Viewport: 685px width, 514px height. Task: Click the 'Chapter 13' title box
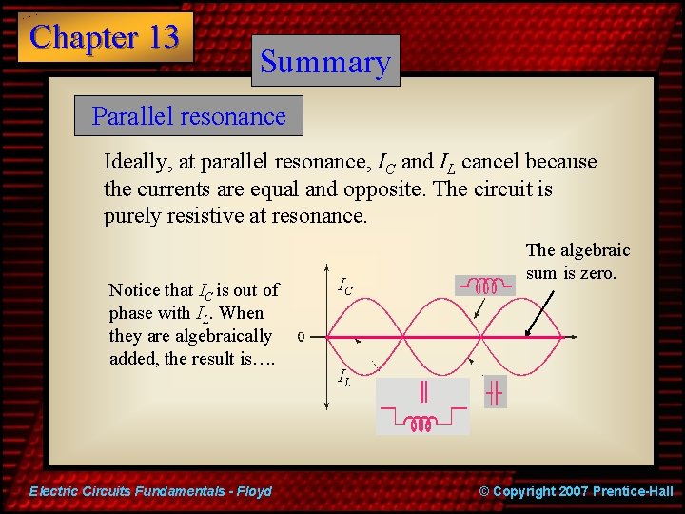[x=105, y=37]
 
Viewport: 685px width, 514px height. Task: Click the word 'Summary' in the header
[x=325, y=62]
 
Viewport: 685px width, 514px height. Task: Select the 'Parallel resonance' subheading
[x=188, y=117]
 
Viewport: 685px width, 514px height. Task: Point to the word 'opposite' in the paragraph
[x=390, y=188]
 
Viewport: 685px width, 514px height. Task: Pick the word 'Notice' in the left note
[x=135, y=290]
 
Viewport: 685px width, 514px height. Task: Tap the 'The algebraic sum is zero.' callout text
[x=577, y=262]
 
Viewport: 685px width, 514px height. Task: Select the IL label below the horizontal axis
[x=344, y=378]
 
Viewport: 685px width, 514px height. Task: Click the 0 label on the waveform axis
[x=301, y=336]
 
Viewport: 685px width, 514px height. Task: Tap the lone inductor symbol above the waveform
[x=487, y=286]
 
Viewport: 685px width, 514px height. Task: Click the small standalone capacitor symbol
[x=495, y=392]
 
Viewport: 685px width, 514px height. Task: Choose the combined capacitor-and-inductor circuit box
[x=422, y=406]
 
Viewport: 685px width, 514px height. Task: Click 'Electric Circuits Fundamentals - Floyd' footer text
[x=150, y=491]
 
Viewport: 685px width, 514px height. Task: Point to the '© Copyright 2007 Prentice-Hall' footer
[x=576, y=491]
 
